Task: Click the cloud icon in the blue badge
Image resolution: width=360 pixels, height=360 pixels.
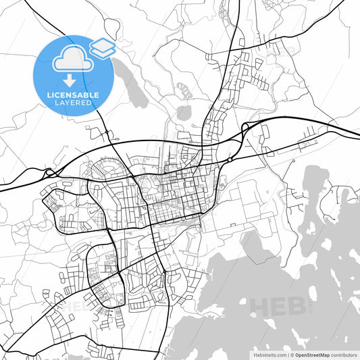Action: tap(70, 60)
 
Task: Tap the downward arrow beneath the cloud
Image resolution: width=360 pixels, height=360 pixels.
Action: tap(70, 82)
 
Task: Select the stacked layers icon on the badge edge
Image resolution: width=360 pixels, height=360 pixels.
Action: tap(103, 47)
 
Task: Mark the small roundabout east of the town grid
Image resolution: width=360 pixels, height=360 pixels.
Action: tap(230, 160)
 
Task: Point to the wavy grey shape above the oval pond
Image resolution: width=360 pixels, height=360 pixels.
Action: tap(183, 88)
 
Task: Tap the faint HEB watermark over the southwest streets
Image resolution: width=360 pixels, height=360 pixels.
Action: tap(74, 306)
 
